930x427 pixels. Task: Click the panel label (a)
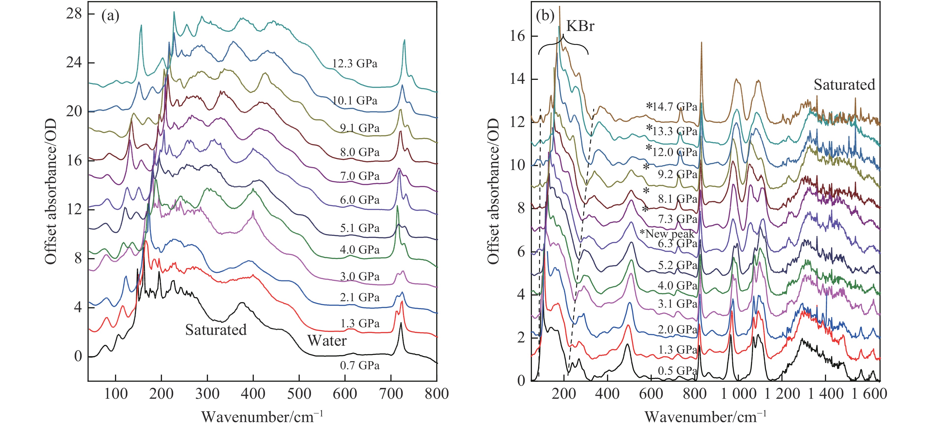(x=110, y=16)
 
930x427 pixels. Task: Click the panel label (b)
(x=545, y=16)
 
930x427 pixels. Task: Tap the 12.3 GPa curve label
(x=355, y=64)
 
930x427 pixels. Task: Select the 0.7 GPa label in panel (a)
(x=360, y=366)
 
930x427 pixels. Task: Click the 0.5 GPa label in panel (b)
(x=677, y=371)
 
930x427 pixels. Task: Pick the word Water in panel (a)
(x=327, y=341)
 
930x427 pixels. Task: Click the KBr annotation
(x=580, y=26)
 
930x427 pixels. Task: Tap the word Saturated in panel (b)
(x=844, y=85)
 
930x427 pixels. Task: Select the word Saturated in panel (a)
(x=216, y=330)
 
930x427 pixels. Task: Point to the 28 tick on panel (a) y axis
(x=74, y=14)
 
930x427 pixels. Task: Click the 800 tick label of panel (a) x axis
(x=436, y=394)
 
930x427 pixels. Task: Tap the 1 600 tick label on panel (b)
(x=869, y=394)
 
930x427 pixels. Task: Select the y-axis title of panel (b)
(x=493, y=191)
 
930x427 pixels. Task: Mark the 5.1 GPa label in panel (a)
(x=360, y=228)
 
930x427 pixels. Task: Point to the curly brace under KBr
(x=563, y=45)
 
